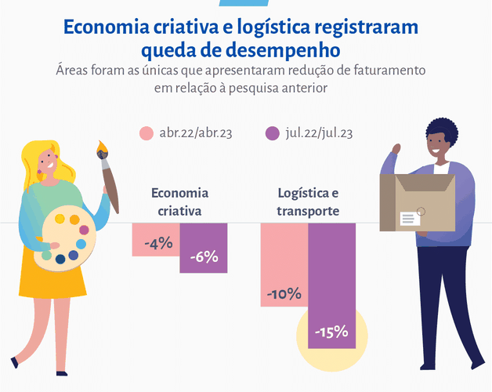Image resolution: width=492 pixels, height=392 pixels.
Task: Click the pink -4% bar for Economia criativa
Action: coord(156,240)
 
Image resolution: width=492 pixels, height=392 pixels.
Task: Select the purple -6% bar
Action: coord(204,248)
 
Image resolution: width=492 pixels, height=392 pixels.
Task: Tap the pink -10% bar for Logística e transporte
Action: coord(284,265)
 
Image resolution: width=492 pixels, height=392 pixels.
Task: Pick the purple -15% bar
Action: coord(332,286)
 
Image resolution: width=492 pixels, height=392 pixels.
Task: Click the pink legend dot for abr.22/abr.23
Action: coord(147,133)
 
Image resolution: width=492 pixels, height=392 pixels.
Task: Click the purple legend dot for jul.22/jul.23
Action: coord(272,133)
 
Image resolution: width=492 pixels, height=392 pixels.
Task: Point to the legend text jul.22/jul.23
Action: coord(319,133)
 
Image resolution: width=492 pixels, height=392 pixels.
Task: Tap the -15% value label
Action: coord(331,332)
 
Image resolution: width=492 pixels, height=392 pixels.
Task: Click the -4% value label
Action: coord(159,243)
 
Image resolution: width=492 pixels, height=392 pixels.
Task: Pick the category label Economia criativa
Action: coord(179,201)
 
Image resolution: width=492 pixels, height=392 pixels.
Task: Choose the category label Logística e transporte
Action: coord(308,201)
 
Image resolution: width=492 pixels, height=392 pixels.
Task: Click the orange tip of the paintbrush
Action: coord(103,147)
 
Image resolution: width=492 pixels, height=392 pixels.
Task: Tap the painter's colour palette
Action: coord(65,238)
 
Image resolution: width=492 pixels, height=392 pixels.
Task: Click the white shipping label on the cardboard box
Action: coord(410,219)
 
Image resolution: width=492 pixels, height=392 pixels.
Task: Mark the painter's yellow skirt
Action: coord(52,273)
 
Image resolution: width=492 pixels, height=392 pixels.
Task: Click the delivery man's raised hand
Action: coord(397,149)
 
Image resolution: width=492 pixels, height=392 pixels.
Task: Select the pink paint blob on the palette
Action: coord(84,230)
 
